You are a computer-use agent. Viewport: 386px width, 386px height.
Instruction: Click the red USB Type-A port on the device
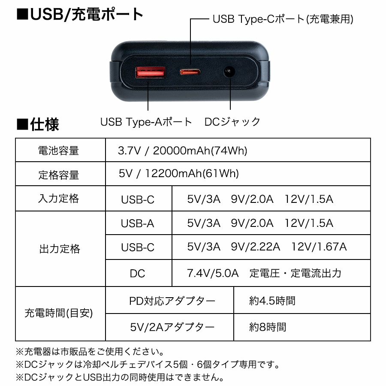150,74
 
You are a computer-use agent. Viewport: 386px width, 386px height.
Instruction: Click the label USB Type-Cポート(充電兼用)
283,19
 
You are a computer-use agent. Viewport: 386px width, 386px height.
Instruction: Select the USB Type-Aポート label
146,122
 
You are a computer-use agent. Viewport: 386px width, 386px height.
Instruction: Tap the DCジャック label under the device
232,122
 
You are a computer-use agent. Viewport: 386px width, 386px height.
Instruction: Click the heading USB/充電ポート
80,15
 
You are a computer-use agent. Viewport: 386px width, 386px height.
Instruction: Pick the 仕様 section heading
38,124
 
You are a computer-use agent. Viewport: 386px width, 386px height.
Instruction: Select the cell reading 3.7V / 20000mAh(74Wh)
182,151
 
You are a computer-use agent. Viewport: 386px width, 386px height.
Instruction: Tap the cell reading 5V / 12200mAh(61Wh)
178,174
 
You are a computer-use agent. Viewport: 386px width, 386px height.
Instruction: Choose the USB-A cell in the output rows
137,223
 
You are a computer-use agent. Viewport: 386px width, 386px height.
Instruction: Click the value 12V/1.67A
319,247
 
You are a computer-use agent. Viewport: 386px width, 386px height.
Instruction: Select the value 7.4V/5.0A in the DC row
213,273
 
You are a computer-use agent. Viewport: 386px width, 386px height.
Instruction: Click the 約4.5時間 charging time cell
272,301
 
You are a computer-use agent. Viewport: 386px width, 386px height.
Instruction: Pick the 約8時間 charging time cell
268,327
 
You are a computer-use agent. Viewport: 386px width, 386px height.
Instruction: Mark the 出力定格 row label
60,249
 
